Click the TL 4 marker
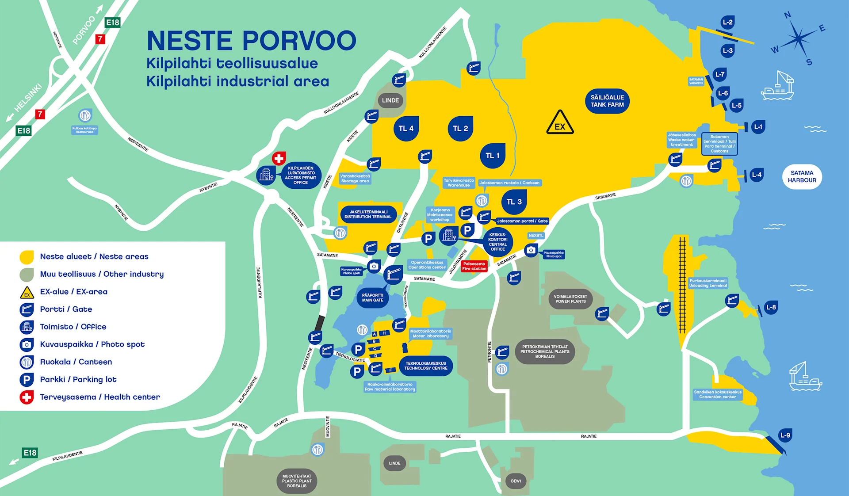[406, 129]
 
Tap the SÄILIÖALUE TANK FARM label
[607, 101]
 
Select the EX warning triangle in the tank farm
[560, 123]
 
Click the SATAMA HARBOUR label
[802, 177]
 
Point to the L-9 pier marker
[785, 435]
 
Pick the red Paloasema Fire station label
[474, 266]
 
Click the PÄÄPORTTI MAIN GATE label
[372, 298]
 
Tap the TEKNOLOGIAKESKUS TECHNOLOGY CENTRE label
[426, 366]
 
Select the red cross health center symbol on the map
[279, 158]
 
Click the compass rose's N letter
[788, 15]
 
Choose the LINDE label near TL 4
[390, 100]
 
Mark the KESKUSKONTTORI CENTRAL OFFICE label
[498, 242]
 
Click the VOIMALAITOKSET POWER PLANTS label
[570, 299]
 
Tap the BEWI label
[516, 481]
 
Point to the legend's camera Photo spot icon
[27, 344]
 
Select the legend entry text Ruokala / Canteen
[76, 362]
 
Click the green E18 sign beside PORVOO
[112, 23]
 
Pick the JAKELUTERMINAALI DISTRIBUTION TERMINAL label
[368, 214]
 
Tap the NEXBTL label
[536, 236]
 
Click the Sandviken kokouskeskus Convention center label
[718, 394]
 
